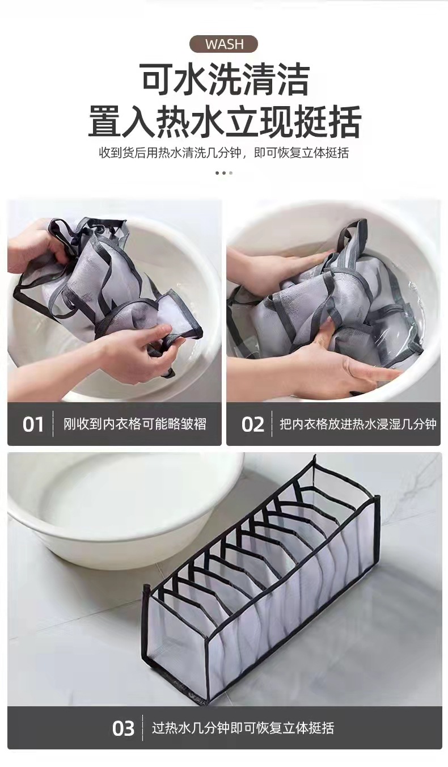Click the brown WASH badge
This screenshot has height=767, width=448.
223,44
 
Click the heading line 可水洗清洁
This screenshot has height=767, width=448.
225,80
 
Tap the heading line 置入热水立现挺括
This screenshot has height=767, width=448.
225,120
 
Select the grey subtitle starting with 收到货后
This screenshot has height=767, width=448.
224,153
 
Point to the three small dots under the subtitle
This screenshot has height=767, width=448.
224,172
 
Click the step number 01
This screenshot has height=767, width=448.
33,424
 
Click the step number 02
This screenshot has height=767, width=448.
252,424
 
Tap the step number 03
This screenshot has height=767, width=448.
123,728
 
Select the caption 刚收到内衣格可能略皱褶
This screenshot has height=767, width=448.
134,424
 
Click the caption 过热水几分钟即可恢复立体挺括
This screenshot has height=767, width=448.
243,728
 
